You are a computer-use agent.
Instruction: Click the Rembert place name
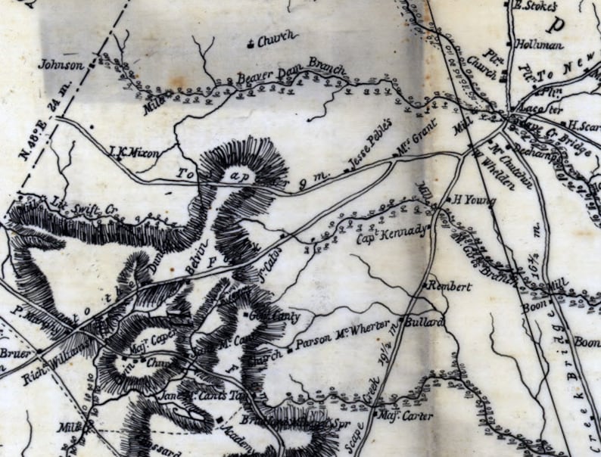click(x=450, y=287)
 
